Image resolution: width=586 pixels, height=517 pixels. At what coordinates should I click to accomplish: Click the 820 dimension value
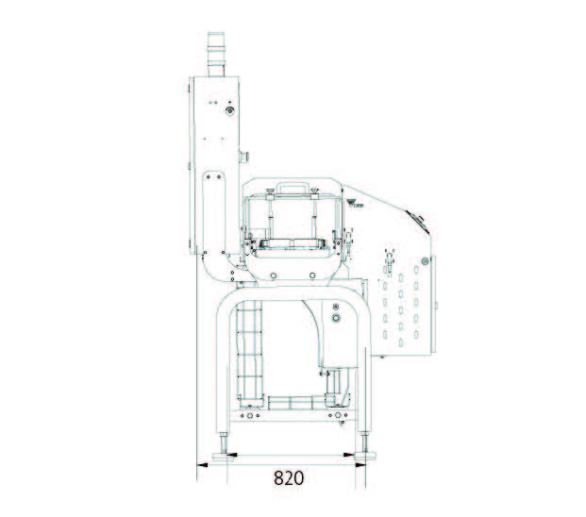289,477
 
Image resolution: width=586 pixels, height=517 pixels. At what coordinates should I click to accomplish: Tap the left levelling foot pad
225,456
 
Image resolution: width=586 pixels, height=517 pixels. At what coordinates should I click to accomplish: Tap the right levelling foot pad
366,456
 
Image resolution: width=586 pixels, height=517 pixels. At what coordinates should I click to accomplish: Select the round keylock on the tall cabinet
229,112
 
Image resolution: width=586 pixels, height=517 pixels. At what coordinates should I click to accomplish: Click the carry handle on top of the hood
293,189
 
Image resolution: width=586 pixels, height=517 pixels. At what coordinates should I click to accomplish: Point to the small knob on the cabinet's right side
243,156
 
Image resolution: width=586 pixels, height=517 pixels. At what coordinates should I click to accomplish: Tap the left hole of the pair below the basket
273,275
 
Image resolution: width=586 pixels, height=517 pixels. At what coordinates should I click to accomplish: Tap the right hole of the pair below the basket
312,275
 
